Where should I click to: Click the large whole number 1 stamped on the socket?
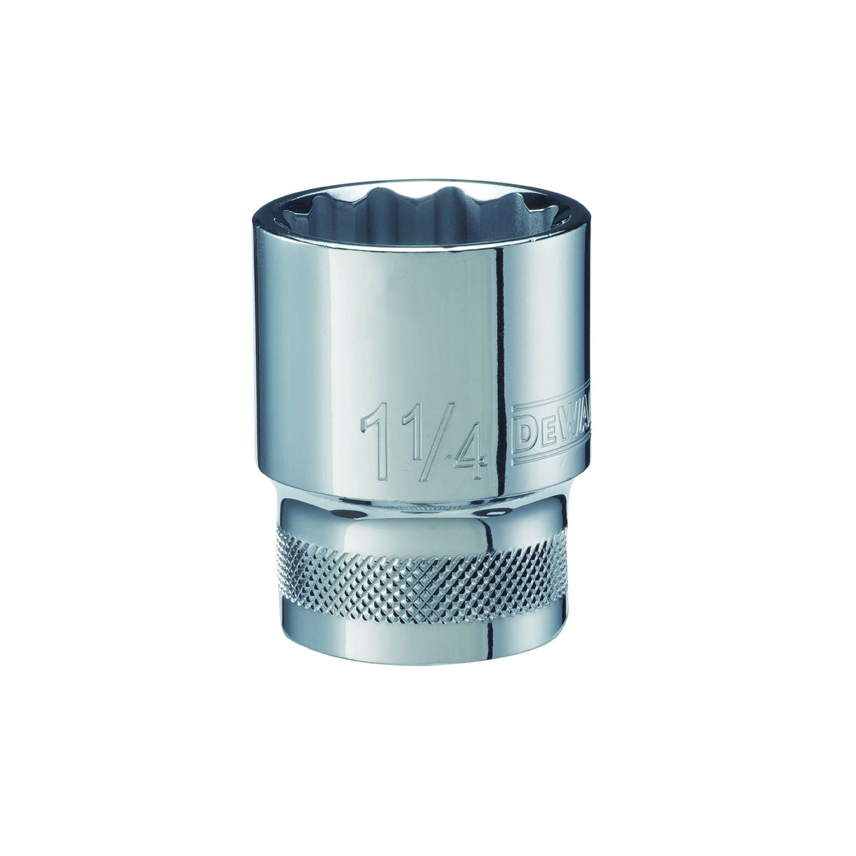tap(376, 440)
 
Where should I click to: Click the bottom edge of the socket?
tap(421, 662)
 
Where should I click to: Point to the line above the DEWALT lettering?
tap(549, 404)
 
